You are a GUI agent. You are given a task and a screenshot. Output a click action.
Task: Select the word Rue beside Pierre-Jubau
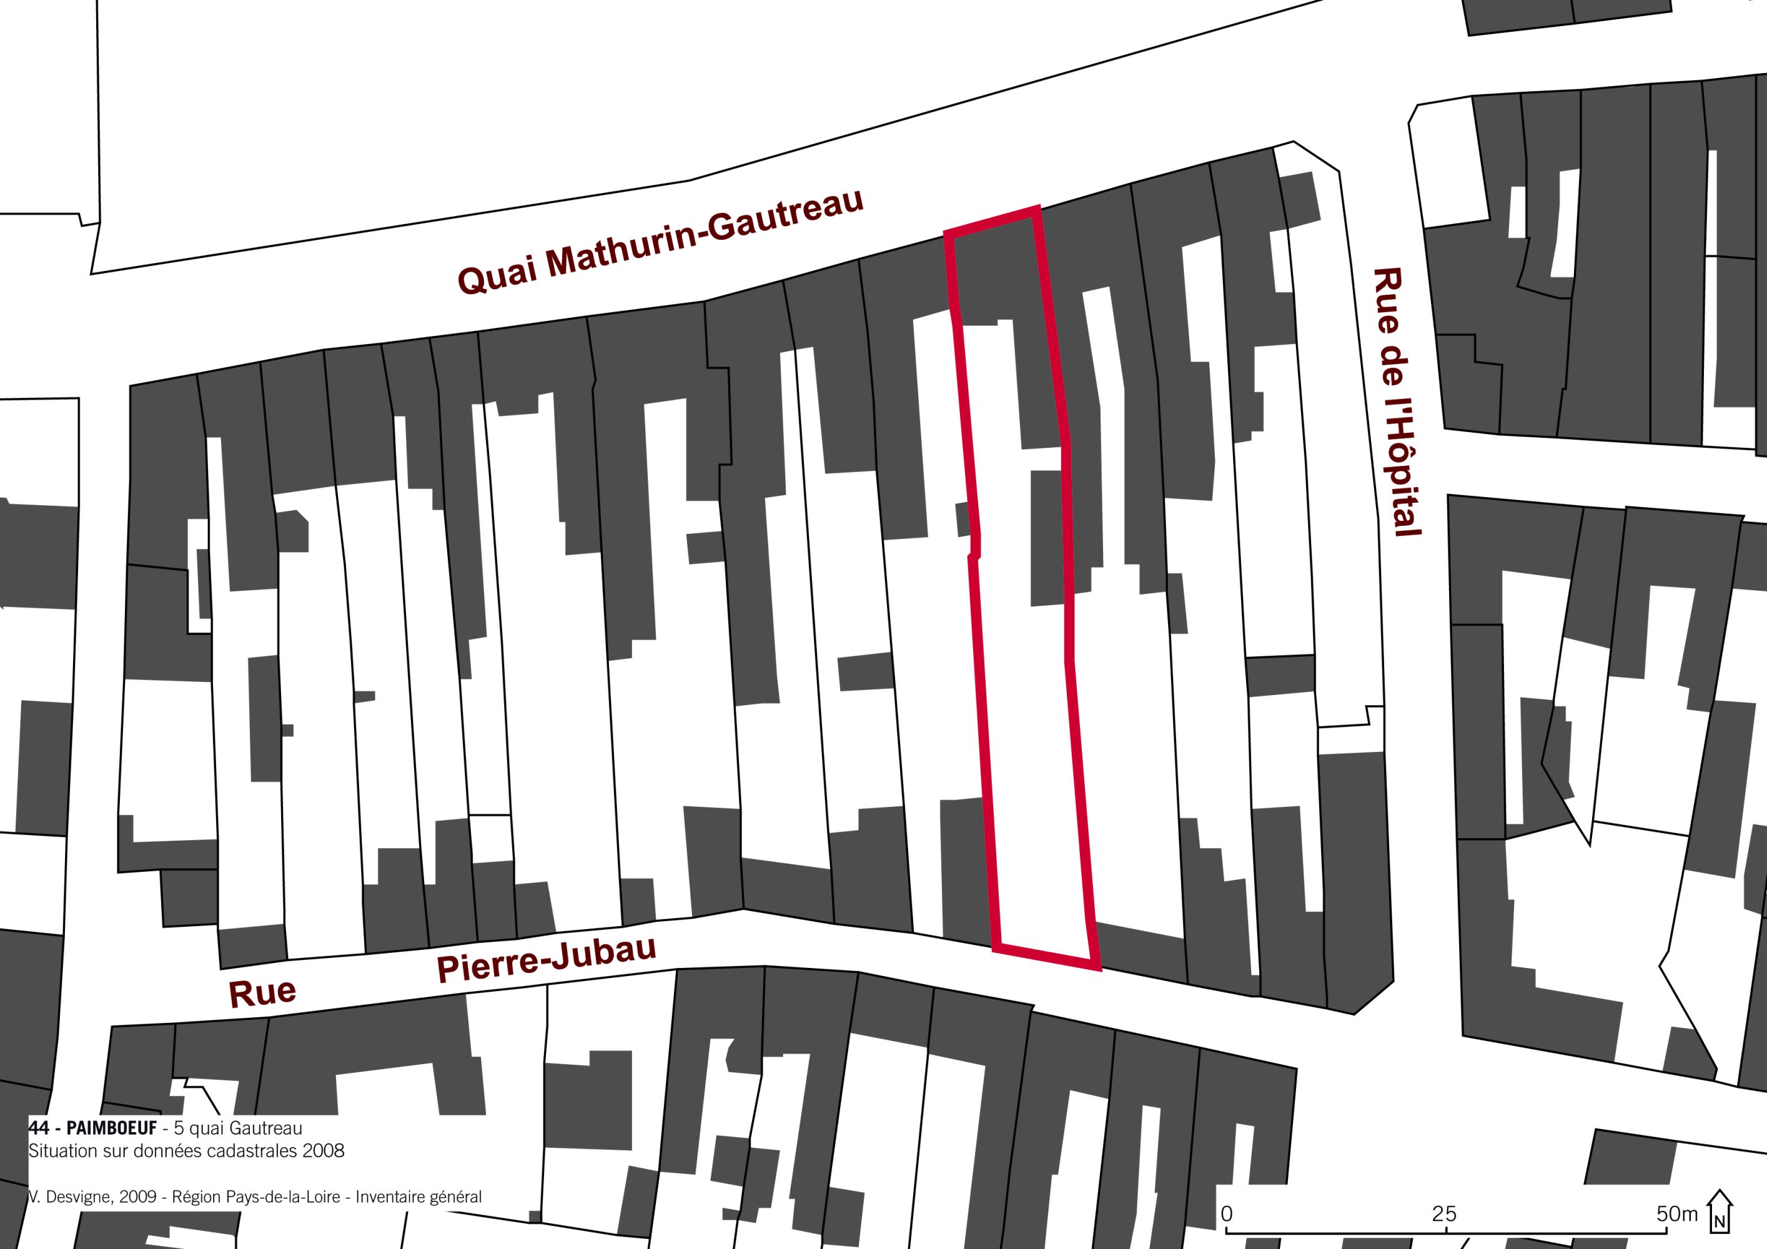point(262,993)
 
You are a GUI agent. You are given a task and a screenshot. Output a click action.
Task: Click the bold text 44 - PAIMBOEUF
point(93,1129)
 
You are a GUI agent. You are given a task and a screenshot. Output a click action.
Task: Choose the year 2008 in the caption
point(324,1151)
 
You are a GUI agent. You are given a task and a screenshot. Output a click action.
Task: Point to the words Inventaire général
point(418,1197)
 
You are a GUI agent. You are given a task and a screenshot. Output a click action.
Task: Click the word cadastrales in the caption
point(257,1151)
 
